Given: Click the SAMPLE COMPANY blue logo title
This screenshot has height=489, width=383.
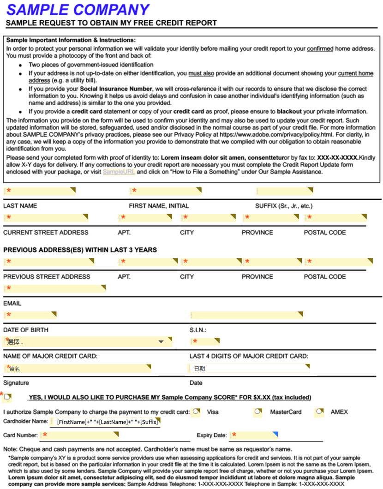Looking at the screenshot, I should (78, 9).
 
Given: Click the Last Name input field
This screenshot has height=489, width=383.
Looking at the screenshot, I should (39, 191).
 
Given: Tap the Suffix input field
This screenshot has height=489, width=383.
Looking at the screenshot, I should (284, 191).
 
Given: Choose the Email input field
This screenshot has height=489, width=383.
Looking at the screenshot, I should (54, 288).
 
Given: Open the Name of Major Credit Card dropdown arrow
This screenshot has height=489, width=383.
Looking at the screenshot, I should (161, 342).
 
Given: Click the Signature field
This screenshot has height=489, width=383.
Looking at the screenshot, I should (77, 368).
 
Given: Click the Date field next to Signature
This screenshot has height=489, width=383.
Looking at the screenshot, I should (248, 368).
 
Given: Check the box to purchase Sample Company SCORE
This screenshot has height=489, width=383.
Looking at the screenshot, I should (7, 397).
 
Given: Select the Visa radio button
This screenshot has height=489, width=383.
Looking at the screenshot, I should (197, 411).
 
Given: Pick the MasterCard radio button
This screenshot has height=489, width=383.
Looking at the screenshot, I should (258, 411).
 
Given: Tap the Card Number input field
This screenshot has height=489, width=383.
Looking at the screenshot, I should (79, 435).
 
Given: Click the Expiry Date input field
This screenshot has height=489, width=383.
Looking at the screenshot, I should (253, 435).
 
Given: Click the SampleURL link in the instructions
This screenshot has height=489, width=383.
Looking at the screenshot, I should (119, 172).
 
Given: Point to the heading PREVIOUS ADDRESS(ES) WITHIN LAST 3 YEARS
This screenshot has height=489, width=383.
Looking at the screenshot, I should (80, 250).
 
